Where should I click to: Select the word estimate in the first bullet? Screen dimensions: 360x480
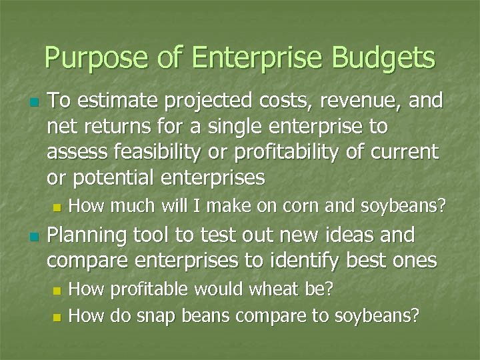tap(111, 101)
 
